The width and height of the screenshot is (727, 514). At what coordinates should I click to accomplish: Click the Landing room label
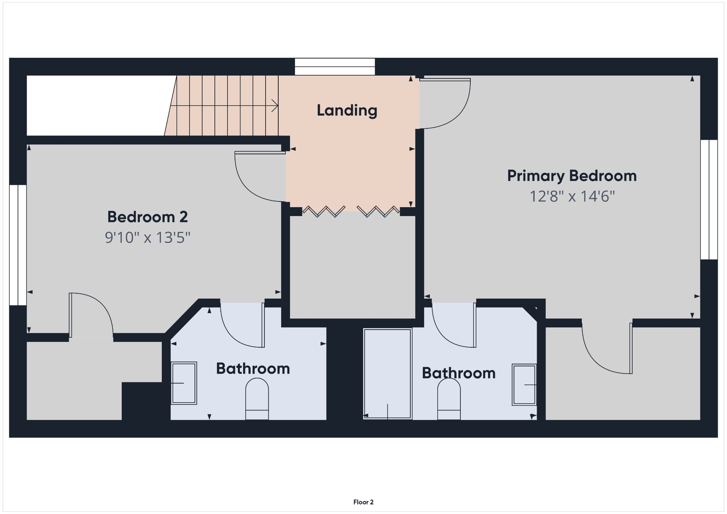[347, 110]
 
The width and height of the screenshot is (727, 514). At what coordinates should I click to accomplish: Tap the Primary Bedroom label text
[572, 176]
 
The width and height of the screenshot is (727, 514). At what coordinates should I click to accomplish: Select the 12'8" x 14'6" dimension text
[572, 196]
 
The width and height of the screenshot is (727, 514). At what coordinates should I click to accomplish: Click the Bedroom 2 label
[147, 217]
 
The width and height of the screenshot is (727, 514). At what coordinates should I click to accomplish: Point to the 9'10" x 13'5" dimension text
[147, 237]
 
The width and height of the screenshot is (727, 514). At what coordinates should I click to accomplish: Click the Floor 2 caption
[363, 502]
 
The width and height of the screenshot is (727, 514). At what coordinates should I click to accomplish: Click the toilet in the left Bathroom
[257, 399]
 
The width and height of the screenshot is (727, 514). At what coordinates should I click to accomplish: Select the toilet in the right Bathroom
[449, 399]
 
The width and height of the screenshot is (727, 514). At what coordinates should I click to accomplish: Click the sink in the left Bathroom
[184, 383]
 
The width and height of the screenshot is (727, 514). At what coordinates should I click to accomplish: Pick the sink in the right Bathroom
[524, 385]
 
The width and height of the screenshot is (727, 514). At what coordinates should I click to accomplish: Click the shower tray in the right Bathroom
[387, 374]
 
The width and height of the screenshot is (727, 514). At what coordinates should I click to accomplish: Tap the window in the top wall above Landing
[335, 67]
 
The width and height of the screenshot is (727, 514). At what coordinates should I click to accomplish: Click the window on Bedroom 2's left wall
[18, 245]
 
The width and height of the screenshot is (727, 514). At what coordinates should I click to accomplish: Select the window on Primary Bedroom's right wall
[709, 199]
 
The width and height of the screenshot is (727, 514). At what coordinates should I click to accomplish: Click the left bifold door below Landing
[323, 212]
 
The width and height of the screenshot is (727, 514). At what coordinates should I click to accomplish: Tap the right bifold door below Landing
[378, 212]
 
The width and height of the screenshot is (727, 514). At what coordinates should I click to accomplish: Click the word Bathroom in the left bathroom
[253, 369]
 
